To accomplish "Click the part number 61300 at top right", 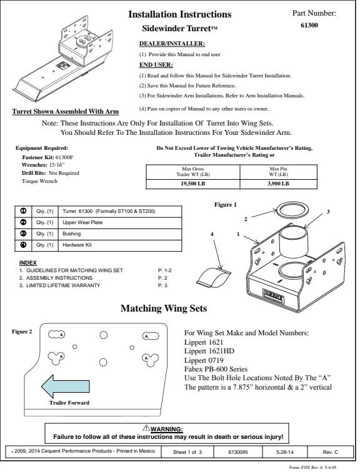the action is tap(309, 25).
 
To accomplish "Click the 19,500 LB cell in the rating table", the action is tap(192, 184).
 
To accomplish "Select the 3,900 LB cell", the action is tap(278, 184).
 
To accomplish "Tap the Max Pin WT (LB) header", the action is tap(278, 172).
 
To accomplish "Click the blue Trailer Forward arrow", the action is tap(66, 386).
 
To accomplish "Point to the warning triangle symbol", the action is tap(146, 428).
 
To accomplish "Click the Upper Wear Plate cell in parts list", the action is tap(120, 222).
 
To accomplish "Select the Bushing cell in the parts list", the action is tap(120, 234).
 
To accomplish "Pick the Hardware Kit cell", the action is tap(120, 245).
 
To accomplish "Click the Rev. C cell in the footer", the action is tap(330, 452).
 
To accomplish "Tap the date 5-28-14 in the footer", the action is tap(284, 452).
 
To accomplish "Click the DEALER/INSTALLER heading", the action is tap(172, 44).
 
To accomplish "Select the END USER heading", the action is tap(156, 65).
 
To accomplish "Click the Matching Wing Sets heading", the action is tap(164, 308).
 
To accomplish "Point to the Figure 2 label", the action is tap(22, 332).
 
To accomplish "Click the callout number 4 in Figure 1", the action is tap(212, 234).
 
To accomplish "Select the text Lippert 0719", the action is tap(204, 360).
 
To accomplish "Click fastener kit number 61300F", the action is tap(64, 157).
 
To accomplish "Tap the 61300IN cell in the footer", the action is tap(238, 452).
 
